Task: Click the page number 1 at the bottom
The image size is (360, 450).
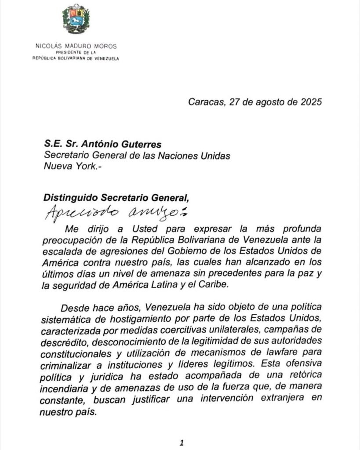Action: click(x=180, y=443)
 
